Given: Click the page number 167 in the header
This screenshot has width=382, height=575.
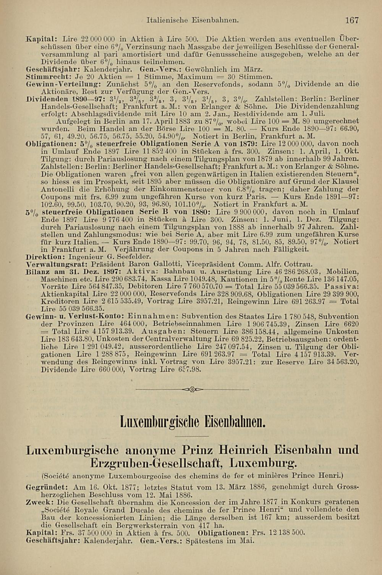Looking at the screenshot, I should (x=351, y=20).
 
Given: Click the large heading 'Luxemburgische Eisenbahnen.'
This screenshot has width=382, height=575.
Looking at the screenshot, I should (x=193, y=422).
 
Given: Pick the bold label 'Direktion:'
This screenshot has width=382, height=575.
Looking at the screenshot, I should (x=43, y=257).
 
